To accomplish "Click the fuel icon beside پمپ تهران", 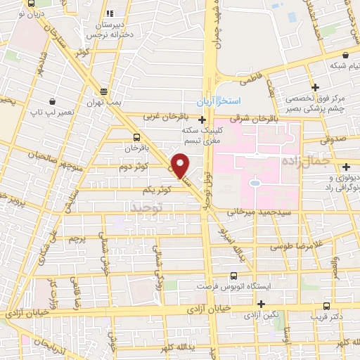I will (x=104, y=91).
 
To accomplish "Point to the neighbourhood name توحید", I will (x=147, y=207).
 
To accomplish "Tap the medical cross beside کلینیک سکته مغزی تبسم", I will (x=202, y=120).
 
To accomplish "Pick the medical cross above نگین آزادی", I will (x=262, y=304).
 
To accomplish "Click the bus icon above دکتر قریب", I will (x=326, y=307).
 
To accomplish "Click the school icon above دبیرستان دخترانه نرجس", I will (x=109, y=13).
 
